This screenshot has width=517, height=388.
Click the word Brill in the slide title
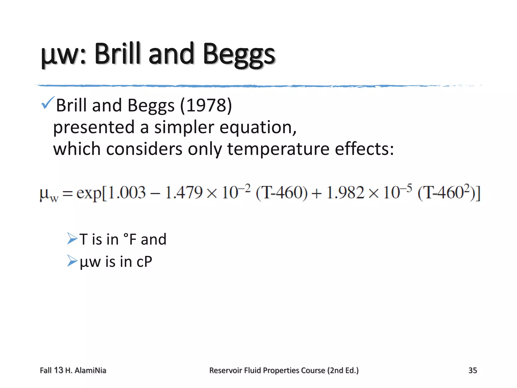(x=117, y=54)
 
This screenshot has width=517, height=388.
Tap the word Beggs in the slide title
(x=239, y=55)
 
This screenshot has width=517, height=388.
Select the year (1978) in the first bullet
(x=206, y=105)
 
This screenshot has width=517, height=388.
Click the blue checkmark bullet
(x=47, y=103)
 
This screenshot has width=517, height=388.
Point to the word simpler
(x=184, y=127)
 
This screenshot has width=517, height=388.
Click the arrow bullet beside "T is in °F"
(x=72, y=238)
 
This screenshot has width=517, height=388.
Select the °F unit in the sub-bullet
(x=130, y=239)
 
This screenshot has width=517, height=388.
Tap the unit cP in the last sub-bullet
(x=144, y=262)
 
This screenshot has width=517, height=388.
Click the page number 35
(x=473, y=370)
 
